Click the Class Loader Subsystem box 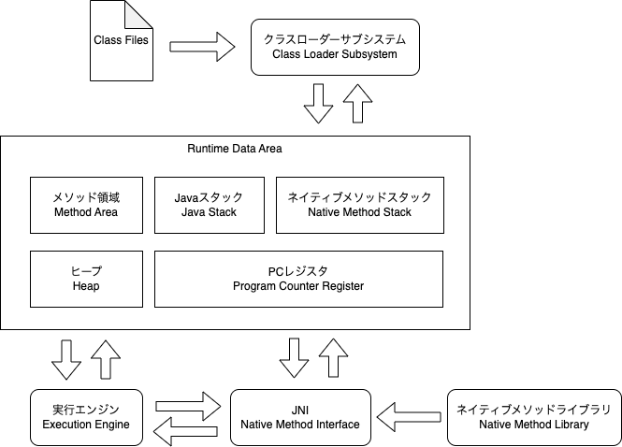click(x=334, y=47)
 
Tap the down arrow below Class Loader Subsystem click(x=318, y=103)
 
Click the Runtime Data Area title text click(x=235, y=149)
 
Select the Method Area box click(x=86, y=205)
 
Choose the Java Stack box click(x=209, y=205)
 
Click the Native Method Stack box click(x=359, y=205)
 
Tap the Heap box click(x=86, y=279)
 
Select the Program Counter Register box click(x=297, y=279)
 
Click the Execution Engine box click(x=86, y=417)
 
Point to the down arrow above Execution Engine click(x=66, y=359)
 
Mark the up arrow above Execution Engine click(x=107, y=359)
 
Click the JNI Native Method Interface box click(x=299, y=417)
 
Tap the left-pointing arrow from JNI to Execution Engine click(x=186, y=431)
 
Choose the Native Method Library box click(x=532, y=417)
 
